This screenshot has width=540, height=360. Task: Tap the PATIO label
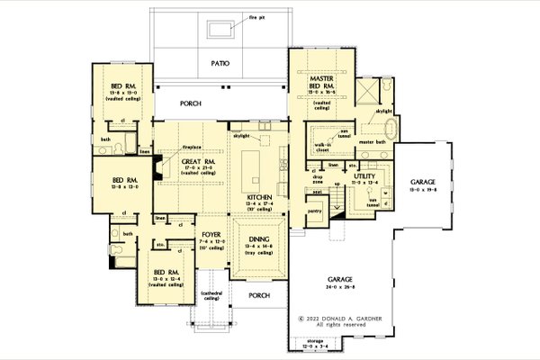(x=220, y=64)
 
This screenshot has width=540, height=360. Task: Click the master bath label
(x=372, y=142)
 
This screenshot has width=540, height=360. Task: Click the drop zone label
(x=316, y=179)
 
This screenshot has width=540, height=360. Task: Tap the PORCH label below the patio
(x=191, y=103)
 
